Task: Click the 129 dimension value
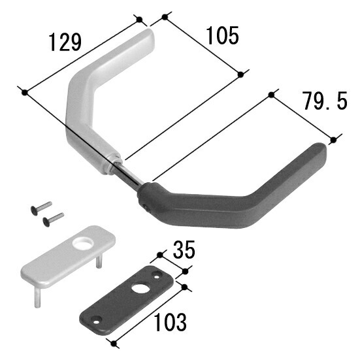65,42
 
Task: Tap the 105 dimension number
223,35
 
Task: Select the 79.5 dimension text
325,101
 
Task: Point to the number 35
184,250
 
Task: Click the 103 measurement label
170,322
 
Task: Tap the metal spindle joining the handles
127,172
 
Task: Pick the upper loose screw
41,208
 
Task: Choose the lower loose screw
54,220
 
